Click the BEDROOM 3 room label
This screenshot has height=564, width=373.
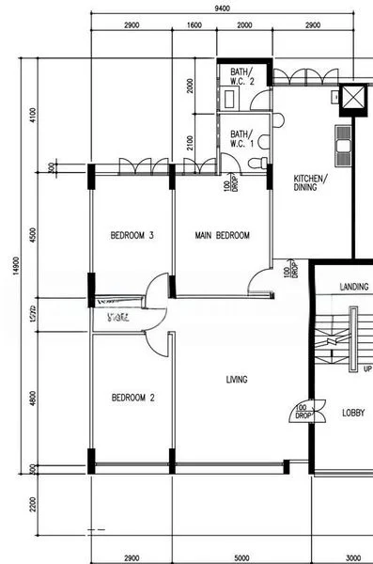click(x=132, y=235)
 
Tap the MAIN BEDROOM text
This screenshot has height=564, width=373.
click(x=222, y=235)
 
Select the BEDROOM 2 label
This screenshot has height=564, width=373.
click(x=132, y=398)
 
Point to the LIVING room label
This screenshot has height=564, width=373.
click(x=236, y=380)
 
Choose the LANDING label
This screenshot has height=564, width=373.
click(x=353, y=287)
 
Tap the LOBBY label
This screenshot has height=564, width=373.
click(x=352, y=413)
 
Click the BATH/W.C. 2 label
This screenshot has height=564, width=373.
click(x=242, y=76)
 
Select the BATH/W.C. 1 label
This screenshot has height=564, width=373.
click(x=241, y=139)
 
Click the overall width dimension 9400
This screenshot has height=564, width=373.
click(x=222, y=8)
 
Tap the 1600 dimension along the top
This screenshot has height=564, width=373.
click(x=194, y=25)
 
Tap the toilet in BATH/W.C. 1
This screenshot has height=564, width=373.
click(x=258, y=163)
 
